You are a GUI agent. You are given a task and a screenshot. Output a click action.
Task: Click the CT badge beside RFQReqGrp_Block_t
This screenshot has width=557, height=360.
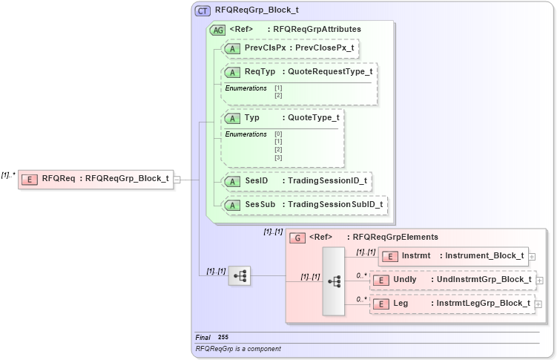(x=202, y=11)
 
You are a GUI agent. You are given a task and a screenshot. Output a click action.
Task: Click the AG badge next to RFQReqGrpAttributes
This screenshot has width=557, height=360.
(x=218, y=30)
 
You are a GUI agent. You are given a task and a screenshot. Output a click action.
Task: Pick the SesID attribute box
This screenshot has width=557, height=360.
(x=297, y=180)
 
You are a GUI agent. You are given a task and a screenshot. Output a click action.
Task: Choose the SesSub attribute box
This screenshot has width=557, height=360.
(x=304, y=204)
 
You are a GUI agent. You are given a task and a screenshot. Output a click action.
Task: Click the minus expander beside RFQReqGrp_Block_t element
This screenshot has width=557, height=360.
(x=177, y=178)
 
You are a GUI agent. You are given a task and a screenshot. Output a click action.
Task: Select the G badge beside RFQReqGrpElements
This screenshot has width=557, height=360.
(x=297, y=238)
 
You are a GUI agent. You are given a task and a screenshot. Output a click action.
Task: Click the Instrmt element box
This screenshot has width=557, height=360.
(x=453, y=256)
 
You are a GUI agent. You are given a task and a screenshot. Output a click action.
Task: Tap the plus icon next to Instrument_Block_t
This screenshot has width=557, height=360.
(x=533, y=256)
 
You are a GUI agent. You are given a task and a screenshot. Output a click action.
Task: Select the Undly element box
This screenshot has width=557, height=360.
(x=452, y=280)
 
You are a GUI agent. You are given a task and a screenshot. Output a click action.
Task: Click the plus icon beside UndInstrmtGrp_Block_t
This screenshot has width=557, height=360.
(x=539, y=280)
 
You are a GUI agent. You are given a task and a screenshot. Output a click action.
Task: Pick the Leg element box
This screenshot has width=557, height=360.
(x=452, y=303)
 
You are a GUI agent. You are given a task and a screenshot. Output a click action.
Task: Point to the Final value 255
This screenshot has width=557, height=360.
(x=223, y=338)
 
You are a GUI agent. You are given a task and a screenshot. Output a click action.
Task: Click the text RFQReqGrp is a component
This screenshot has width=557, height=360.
(x=238, y=348)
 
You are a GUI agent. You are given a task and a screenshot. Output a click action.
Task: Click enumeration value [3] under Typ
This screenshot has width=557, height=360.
(x=278, y=157)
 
